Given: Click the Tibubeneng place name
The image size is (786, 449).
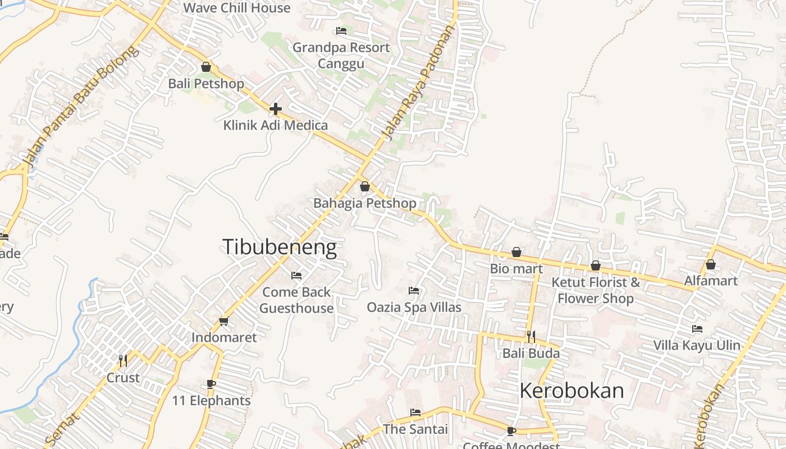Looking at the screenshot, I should tap(280, 248).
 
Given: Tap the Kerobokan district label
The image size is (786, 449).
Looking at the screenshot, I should tap(572, 391).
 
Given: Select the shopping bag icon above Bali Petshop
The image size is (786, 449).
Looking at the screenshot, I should tap(206, 67).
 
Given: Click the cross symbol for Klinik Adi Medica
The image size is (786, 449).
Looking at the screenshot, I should tap(276, 108).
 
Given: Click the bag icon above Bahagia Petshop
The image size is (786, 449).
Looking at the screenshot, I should tap(365, 186).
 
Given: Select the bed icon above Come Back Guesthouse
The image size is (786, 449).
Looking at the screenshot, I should tap(296, 276).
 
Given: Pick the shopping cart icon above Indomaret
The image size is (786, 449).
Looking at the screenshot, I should tap(224, 321).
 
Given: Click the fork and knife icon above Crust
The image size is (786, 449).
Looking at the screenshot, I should tap(123, 360).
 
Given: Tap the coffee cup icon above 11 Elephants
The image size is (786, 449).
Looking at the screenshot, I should tap(211, 384).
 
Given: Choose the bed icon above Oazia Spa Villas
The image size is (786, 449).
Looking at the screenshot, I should tap(414, 291).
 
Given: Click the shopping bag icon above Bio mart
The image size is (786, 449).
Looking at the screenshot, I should tap(517, 253).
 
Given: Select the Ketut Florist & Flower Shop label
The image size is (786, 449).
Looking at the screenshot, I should tap(596, 290).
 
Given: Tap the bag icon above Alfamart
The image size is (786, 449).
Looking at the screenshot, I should tap(711, 264).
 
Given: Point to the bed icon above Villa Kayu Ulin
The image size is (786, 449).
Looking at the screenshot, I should tap(697, 329).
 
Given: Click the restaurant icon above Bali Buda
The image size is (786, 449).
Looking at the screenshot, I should tap(531, 337).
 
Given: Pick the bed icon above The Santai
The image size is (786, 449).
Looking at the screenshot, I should tap(415, 413).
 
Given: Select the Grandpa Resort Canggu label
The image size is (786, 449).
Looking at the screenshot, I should tap(341, 55).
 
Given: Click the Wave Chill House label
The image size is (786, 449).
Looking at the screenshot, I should tap(237, 8).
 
